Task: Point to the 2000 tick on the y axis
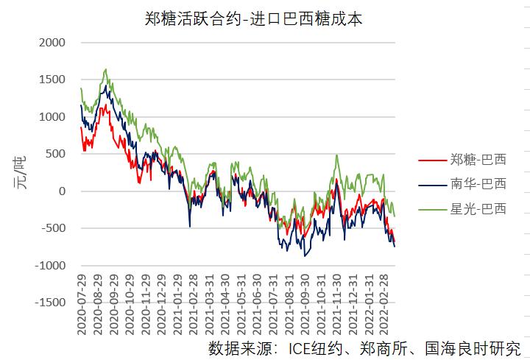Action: (52, 43)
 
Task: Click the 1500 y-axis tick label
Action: (52, 80)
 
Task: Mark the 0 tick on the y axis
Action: (62, 191)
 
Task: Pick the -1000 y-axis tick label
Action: (50, 266)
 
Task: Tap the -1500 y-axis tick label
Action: (50, 303)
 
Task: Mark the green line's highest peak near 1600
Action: (107, 70)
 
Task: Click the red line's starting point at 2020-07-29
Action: (81, 127)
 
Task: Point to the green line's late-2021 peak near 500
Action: (336, 155)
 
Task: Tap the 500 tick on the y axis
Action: (56, 154)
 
